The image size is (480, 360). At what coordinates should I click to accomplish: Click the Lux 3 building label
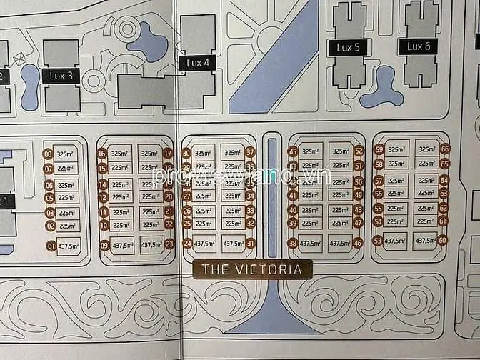click(61, 75)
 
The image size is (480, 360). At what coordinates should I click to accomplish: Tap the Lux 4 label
click(198, 63)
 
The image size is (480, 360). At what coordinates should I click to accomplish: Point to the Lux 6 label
click(418, 46)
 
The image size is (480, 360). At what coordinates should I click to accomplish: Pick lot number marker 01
click(50, 246)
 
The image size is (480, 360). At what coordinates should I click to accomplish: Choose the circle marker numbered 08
click(49, 154)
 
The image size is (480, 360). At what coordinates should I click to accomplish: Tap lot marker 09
click(104, 245)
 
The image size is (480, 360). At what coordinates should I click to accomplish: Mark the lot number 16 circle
click(102, 153)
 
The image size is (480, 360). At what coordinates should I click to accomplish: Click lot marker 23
click(169, 244)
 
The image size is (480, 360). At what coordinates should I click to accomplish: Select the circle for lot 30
click(186, 152)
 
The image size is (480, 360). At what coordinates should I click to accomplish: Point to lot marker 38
click(292, 243)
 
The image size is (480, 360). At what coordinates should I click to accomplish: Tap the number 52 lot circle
click(359, 151)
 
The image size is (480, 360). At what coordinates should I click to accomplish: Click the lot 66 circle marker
click(444, 149)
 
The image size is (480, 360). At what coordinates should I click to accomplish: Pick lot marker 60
click(443, 240)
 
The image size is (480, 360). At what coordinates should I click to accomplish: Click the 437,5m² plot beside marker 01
click(69, 246)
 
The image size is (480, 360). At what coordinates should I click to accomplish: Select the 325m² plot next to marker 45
click(311, 151)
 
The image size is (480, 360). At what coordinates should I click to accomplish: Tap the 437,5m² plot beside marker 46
click(339, 243)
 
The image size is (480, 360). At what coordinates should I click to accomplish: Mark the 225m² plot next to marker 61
click(426, 221)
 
